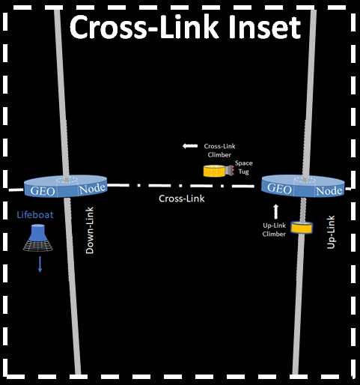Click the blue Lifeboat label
coord(35,215)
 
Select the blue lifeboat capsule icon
coord(38,237)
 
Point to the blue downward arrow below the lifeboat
coord(40,264)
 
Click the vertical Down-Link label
coord(90,230)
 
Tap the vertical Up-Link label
coord(331,232)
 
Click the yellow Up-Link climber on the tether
coord(302,228)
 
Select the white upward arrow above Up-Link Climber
coord(275,211)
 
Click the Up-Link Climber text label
coord(274,230)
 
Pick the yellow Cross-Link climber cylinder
coord(214,171)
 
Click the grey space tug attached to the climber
coord(230,171)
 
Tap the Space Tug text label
coord(244,167)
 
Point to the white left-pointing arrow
coord(190,146)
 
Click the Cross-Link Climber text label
coord(219,151)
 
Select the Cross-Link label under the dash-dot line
coord(182,198)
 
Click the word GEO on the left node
coord(43,191)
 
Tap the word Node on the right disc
coord(329,191)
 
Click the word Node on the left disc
coord(92,189)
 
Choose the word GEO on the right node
coord(279,188)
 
